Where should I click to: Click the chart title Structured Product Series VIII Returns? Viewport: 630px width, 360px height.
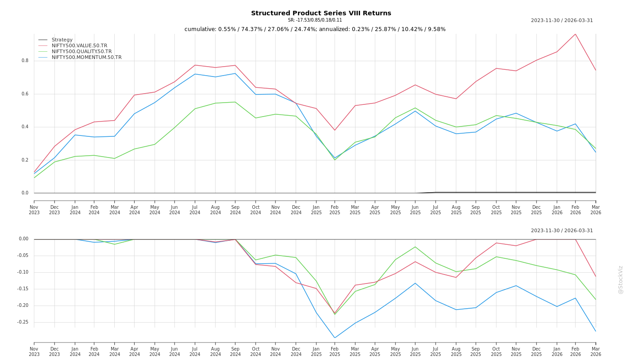pos(321,13)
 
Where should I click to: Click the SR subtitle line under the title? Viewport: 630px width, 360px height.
pos(315,20)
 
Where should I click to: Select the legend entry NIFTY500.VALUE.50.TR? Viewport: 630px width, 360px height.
pos(79,45)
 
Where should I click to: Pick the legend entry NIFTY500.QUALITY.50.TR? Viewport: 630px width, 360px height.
pos(81,51)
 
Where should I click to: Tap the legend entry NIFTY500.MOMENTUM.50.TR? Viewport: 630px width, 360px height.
pos(86,57)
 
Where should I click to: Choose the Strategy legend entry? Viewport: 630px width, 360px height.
pos(62,40)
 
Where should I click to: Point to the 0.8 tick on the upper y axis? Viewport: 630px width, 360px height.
pos(25,61)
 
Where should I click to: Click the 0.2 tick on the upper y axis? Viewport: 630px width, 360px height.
pos(25,160)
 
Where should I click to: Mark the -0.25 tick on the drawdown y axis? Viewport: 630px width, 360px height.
pos(22,322)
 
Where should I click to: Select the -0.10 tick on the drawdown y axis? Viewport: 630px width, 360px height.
pos(22,272)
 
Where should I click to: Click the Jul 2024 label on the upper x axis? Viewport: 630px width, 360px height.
pos(195,210)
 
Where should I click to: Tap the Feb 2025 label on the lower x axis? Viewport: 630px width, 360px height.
pos(335,351)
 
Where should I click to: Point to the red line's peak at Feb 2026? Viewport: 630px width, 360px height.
pos(575,34)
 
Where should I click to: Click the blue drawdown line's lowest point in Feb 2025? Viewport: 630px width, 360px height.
pos(335,338)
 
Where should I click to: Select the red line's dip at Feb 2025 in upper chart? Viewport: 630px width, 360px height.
pos(335,130)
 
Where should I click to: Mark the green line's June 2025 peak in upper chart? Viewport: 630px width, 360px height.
pos(415,108)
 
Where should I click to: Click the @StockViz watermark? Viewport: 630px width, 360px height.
pos(621,279)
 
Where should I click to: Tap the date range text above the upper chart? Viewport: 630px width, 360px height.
pos(562,21)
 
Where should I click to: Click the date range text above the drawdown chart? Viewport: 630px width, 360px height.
pos(562,231)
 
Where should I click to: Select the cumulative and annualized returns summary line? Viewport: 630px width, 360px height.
pos(315,29)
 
